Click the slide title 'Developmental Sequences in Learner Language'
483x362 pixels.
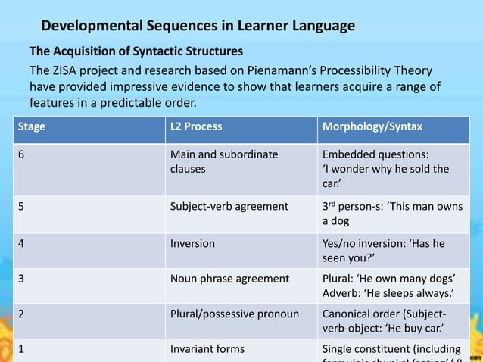coord(198,27)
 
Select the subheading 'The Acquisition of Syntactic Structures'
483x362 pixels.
coord(136,52)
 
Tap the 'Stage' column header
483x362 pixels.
coord(33,126)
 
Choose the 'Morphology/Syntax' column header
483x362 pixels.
coord(372,126)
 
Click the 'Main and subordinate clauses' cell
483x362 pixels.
coord(223,161)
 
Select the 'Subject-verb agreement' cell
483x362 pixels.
coord(229,206)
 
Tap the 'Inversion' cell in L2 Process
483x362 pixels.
coord(192,244)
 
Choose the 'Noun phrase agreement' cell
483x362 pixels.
coord(226,278)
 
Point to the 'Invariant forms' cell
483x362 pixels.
coord(207,349)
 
